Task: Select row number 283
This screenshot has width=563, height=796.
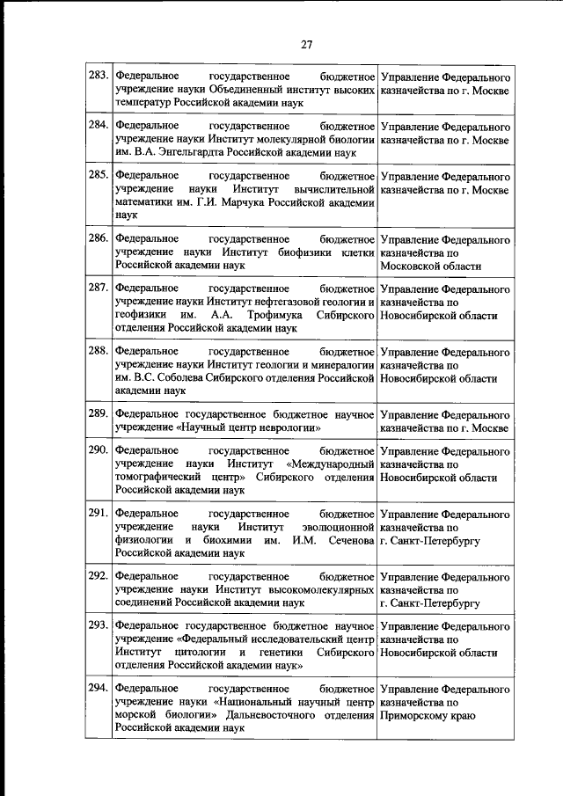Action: coord(98,78)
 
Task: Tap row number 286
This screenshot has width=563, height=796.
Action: coord(98,238)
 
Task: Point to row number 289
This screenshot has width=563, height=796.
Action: coord(98,412)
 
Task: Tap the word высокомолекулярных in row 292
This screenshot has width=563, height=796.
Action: coord(320,590)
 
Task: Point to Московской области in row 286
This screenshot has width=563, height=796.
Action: coord(431,265)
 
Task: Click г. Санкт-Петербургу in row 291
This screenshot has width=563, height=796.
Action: coord(430,540)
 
